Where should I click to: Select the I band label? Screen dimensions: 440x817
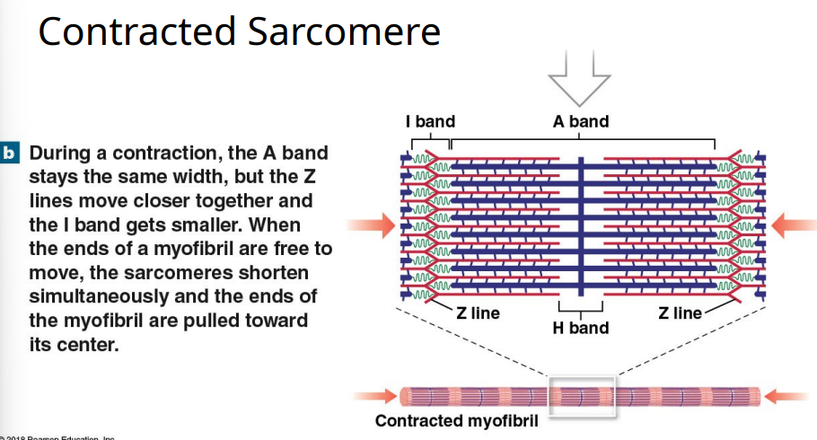point(430,121)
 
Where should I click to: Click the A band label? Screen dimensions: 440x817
point(580,121)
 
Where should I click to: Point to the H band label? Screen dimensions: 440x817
point(580,328)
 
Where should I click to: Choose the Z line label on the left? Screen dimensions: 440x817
point(478,313)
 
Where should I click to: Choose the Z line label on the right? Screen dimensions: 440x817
point(680,313)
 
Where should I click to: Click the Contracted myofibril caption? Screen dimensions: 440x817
point(456,421)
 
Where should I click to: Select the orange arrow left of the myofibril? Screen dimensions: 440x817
point(375,394)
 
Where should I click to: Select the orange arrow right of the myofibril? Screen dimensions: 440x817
point(791,394)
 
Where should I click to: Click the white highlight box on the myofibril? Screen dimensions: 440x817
point(582,395)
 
